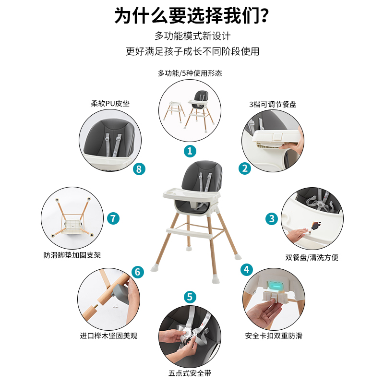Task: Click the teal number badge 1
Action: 190,151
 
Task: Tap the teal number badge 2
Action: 245,168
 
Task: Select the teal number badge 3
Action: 272,219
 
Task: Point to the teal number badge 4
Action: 247,269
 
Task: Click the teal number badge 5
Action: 190,297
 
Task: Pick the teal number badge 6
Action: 137,272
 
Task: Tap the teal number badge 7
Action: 113,218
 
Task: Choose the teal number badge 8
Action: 138,168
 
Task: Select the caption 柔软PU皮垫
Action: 110,103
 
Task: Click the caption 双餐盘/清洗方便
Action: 312,257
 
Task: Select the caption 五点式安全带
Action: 190,373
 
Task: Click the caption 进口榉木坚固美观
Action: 108,336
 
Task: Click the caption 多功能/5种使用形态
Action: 190,73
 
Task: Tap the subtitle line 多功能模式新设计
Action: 192,36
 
